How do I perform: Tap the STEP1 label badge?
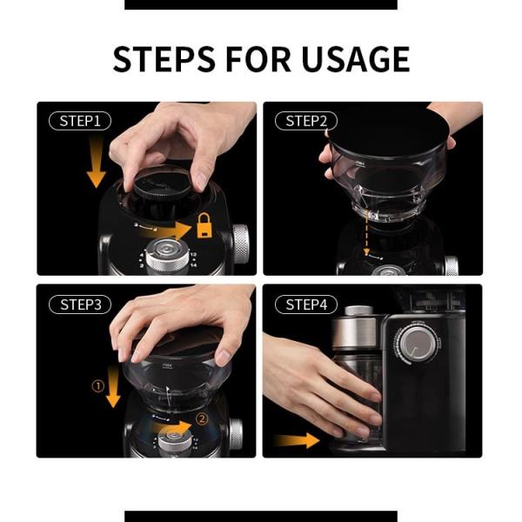click(80, 121)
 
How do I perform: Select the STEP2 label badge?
click(305, 121)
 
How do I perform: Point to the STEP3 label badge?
click(80, 304)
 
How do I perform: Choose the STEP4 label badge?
click(305, 304)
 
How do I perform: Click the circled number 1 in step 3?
click(98, 383)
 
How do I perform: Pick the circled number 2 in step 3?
click(202, 418)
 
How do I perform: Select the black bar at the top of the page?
click(261, 4)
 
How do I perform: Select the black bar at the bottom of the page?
click(261, 516)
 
